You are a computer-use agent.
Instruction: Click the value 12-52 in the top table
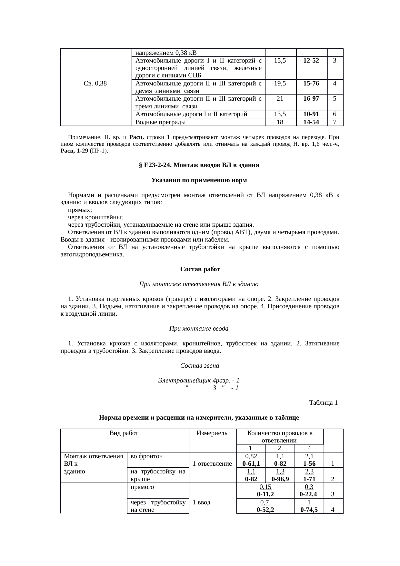pyautogui.click(x=311, y=60)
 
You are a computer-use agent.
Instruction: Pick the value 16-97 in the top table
pyautogui.click(x=311, y=98)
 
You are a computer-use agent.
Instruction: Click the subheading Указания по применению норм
pyautogui.click(x=199, y=180)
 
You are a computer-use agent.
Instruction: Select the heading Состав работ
pyautogui.click(x=200, y=269)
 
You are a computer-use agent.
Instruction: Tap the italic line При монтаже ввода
pyautogui.click(x=199, y=329)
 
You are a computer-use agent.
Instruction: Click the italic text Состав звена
pyautogui.click(x=199, y=366)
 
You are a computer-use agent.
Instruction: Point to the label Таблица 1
pyautogui.click(x=323, y=403)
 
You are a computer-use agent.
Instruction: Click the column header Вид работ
pyautogui.click(x=124, y=433)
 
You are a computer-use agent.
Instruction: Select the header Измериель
pyautogui.click(x=212, y=433)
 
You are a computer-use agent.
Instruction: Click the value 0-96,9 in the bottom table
pyautogui.click(x=280, y=479)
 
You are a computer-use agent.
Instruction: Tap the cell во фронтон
pyautogui.click(x=147, y=456)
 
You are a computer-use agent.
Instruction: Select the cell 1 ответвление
pyautogui.click(x=212, y=464)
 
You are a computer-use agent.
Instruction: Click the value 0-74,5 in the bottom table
pyautogui.click(x=309, y=510)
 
